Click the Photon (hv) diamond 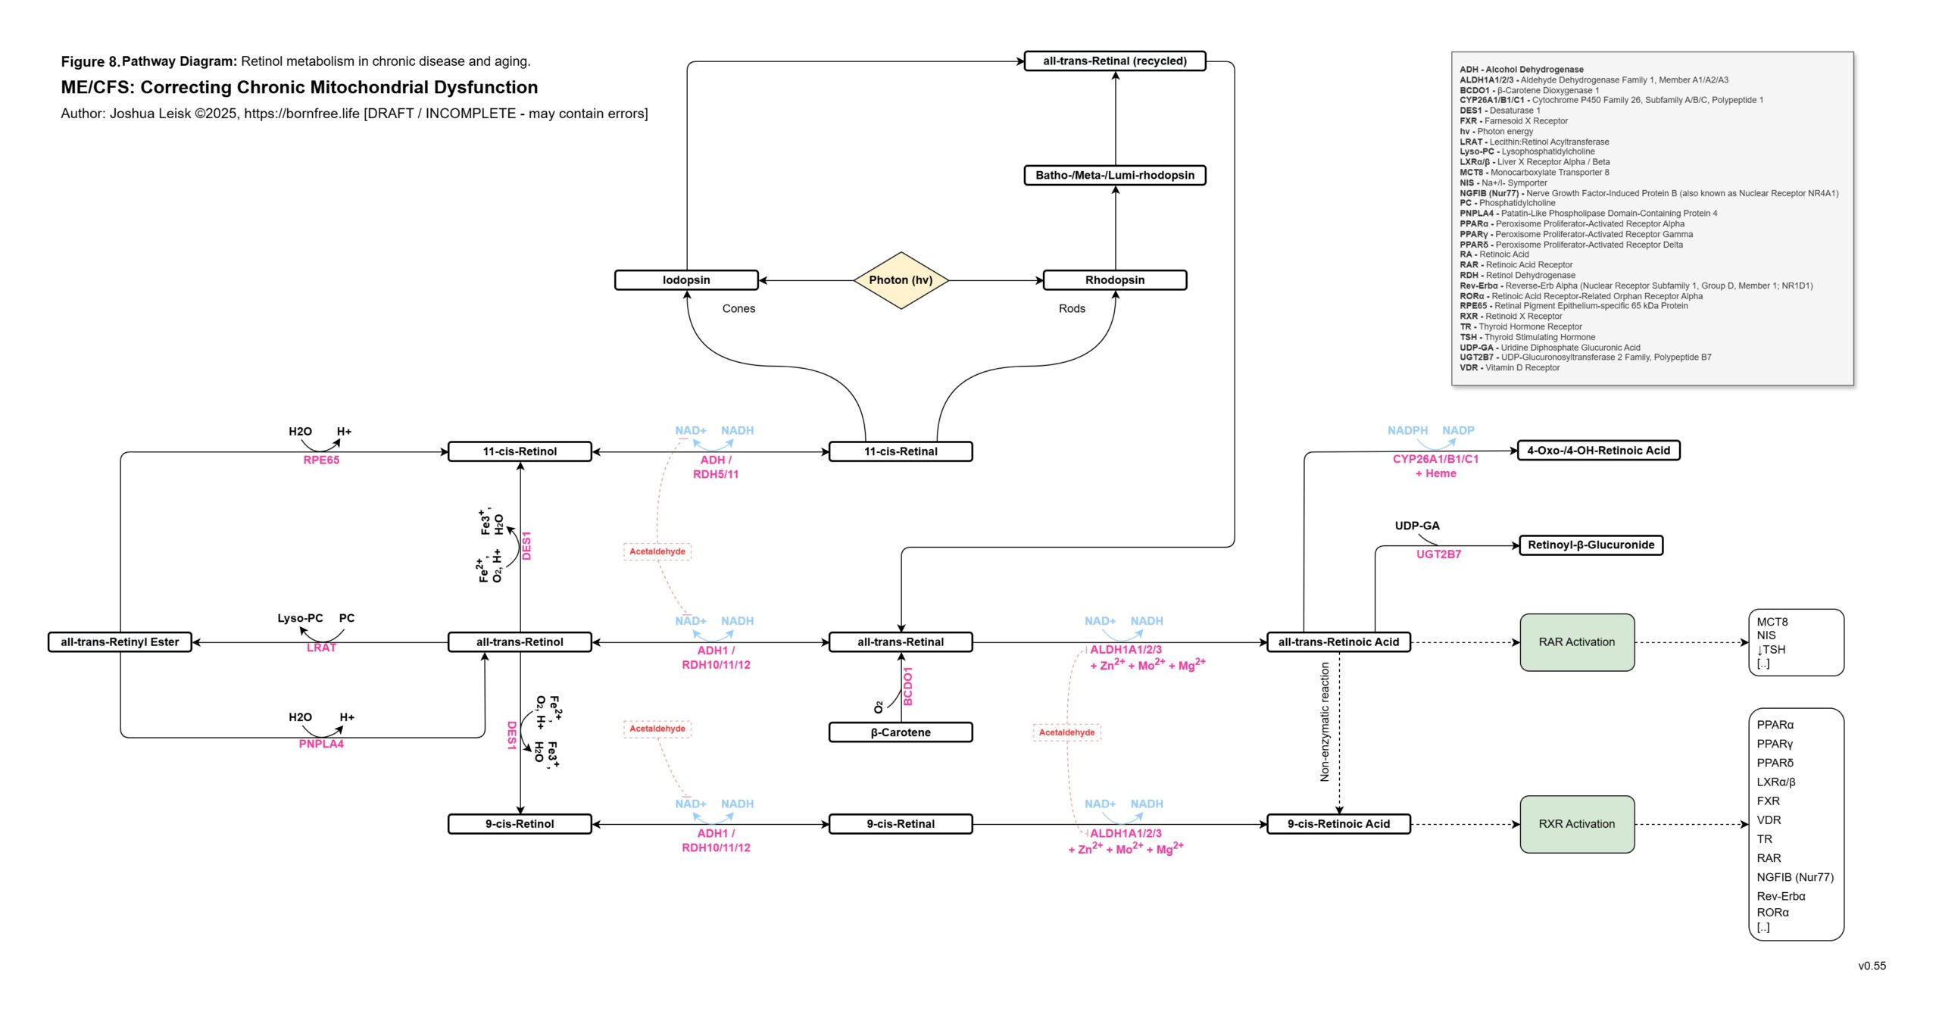pyautogui.click(x=901, y=280)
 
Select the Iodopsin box pyautogui.click(x=686, y=280)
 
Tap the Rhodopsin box pyautogui.click(x=1114, y=280)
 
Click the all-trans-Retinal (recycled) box pyautogui.click(x=1114, y=61)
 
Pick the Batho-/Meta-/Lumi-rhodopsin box pyautogui.click(x=1114, y=176)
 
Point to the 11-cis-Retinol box pyautogui.click(x=520, y=452)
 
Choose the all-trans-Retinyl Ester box pyautogui.click(x=120, y=642)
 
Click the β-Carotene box pyautogui.click(x=901, y=732)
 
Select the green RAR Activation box pyautogui.click(x=1577, y=642)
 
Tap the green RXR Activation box pyautogui.click(x=1577, y=824)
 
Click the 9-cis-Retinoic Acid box pyautogui.click(x=1338, y=824)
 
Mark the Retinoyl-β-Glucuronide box pyautogui.click(x=1591, y=545)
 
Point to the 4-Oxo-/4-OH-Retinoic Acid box pyautogui.click(x=1598, y=451)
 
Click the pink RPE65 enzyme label pyautogui.click(x=321, y=460)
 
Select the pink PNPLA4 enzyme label pyautogui.click(x=321, y=745)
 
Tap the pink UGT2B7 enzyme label pyautogui.click(x=1438, y=554)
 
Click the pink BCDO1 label pyautogui.click(x=908, y=686)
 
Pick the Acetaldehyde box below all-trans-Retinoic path pyautogui.click(x=1066, y=732)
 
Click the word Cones pyautogui.click(x=738, y=309)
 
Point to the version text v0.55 pyautogui.click(x=1872, y=966)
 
